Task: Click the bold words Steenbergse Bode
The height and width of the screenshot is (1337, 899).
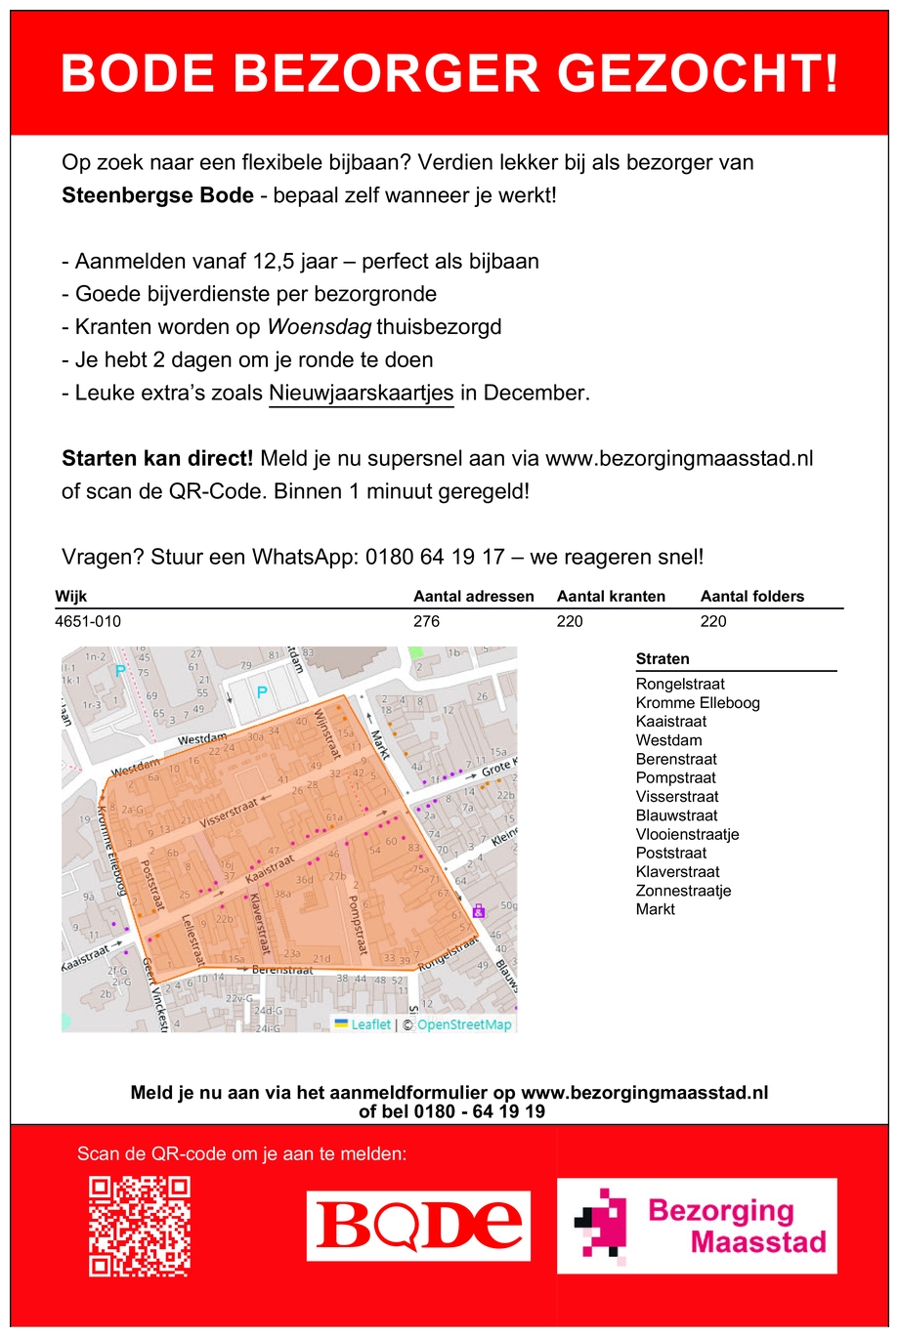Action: click(157, 195)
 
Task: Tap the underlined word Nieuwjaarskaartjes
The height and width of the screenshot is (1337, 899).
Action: click(361, 394)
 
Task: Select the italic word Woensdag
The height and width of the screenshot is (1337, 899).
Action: click(320, 327)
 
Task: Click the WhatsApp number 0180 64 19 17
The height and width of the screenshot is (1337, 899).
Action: click(435, 558)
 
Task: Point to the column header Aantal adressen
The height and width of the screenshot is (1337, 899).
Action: click(474, 597)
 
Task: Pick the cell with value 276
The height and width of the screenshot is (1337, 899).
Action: click(427, 621)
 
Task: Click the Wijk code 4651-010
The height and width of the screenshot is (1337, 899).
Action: click(88, 621)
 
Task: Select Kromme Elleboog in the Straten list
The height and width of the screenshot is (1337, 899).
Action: click(698, 703)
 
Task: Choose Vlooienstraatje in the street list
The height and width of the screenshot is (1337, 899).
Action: click(687, 834)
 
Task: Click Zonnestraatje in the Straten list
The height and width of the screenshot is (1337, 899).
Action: click(683, 891)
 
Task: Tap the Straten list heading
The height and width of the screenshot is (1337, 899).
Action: click(663, 659)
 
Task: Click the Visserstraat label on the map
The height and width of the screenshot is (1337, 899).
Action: click(228, 813)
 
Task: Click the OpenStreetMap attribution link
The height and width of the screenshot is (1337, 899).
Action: click(464, 1024)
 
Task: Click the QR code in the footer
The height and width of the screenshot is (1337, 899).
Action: click(139, 1226)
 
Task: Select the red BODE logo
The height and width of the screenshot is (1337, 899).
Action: click(419, 1226)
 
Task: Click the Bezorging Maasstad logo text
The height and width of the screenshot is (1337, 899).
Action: click(737, 1226)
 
